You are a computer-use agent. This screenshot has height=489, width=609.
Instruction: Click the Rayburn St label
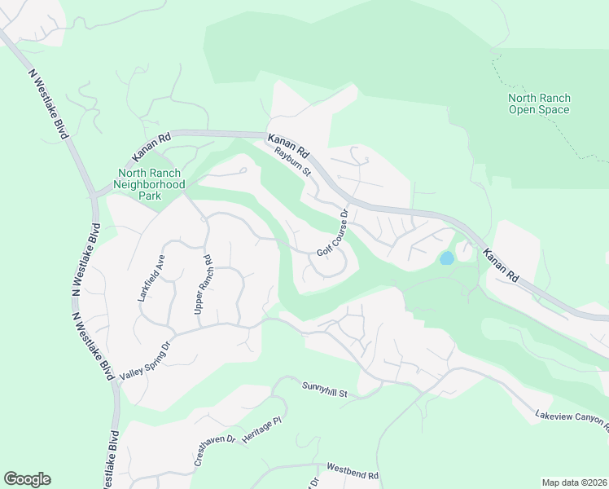click(x=293, y=161)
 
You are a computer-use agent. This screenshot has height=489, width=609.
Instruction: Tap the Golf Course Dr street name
click(x=333, y=233)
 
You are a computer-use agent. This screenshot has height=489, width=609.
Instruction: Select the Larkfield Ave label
click(x=151, y=278)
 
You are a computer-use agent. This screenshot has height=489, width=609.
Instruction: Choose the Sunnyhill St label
click(x=325, y=389)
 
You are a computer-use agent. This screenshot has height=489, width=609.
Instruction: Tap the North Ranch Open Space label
click(x=539, y=104)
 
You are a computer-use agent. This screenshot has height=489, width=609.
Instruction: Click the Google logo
click(x=27, y=479)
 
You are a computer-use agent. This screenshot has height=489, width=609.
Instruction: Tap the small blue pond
click(x=446, y=258)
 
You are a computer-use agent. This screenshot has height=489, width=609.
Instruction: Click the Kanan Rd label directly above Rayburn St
click(x=289, y=145)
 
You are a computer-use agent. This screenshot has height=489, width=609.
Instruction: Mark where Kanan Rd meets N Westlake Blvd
click(x=97, y=194)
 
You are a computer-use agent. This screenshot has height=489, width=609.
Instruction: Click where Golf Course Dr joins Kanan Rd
click(x=348, y=202)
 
